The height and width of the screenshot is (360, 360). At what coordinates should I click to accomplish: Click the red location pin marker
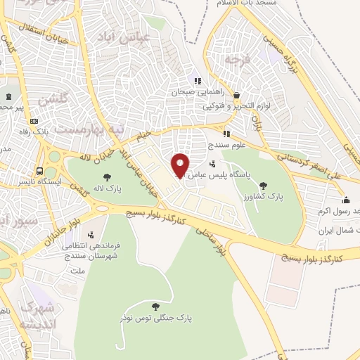click(181, 166)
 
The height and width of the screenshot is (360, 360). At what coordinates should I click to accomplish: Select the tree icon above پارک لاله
click(106, 178)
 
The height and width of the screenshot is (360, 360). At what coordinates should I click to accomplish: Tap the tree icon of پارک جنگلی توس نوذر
click(155, 306)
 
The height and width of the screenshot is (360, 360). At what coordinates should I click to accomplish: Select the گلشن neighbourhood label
click(53, 99)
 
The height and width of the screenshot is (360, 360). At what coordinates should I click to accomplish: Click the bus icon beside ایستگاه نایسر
click(40, 170)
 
